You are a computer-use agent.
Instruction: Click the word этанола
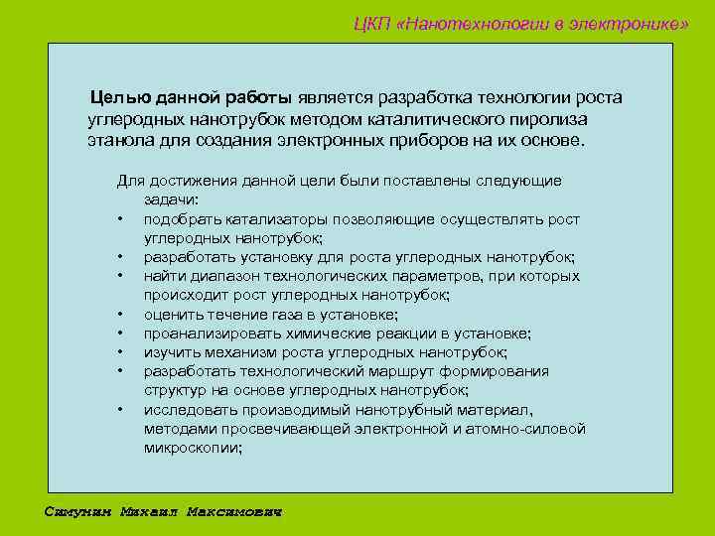[x=117, y=139]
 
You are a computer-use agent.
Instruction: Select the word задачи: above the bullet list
[x=172, y=200]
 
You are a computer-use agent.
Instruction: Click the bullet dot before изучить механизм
[x=120, y=352]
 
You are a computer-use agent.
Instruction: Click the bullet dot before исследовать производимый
[x=120, y=410]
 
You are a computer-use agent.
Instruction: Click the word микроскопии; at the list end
[x=193, y=448]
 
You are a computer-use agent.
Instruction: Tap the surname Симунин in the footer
[x=79, y=512]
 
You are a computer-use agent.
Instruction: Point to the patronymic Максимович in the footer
[x=234, y=512]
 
